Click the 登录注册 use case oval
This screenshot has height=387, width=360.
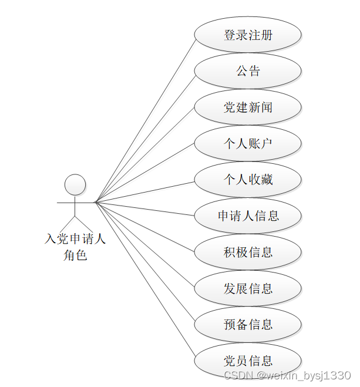pyautogui.click(x=248, y=35)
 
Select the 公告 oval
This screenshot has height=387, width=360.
pyautogui.click(x=248, y=71)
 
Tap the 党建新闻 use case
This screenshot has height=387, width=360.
pyautogui.click(x=248, y=107)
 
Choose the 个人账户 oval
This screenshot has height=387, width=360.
pyautogui.click(x=248, y=143)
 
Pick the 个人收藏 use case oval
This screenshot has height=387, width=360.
pyautogui.click(x=248, y=180)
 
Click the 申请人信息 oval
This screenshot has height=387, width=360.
pyautogui.click(x=248, y=216)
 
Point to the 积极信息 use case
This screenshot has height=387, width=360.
pyautogui.click(x=248, y=252)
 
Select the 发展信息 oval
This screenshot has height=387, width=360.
pyautogui.click(x=248, y=288)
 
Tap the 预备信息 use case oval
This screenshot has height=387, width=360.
pyautogui.click(x=248, y=324)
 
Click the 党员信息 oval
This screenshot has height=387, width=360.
pyautogui.click(x=248, y=361)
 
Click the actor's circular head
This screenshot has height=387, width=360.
pyautogui.click(x=75, y=184)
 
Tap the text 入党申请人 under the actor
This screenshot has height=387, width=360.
pyautogui.click(x=75, y=239)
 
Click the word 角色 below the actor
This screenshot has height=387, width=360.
pyautogui.click(x=75, y=255)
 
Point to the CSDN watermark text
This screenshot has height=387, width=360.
pyautogui.click(x=287, y=375)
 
